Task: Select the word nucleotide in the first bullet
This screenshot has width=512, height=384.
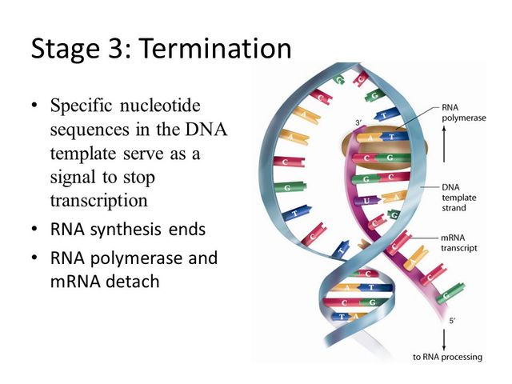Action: point(163,106)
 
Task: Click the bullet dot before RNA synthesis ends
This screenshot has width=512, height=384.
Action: point(34,230)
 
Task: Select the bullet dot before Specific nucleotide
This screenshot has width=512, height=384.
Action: point(34,106)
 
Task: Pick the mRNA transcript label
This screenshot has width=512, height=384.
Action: point(459,242)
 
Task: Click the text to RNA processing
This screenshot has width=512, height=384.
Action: point(447,356)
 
